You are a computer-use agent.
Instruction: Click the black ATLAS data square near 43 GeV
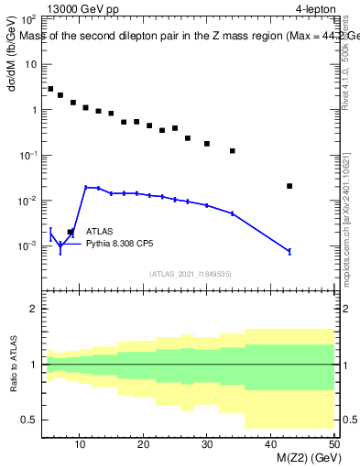click(x=289, y=186)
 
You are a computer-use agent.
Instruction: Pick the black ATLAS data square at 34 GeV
click(x=233, y=151)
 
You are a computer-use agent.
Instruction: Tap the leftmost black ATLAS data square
click(x=50, y=89)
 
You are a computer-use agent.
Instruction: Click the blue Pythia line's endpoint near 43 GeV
click(x=289, y=251)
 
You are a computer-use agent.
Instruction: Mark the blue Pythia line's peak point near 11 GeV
click(x=86, y=187)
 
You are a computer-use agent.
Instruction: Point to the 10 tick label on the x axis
click(x=80, y=445)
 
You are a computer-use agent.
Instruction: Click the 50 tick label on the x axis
click(x=333, y=445)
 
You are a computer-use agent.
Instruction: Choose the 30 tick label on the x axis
click(x=207, y=445)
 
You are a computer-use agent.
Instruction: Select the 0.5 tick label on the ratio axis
click(x=30, y=420)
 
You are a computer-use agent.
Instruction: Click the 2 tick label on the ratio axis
click(x=35, y=310)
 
